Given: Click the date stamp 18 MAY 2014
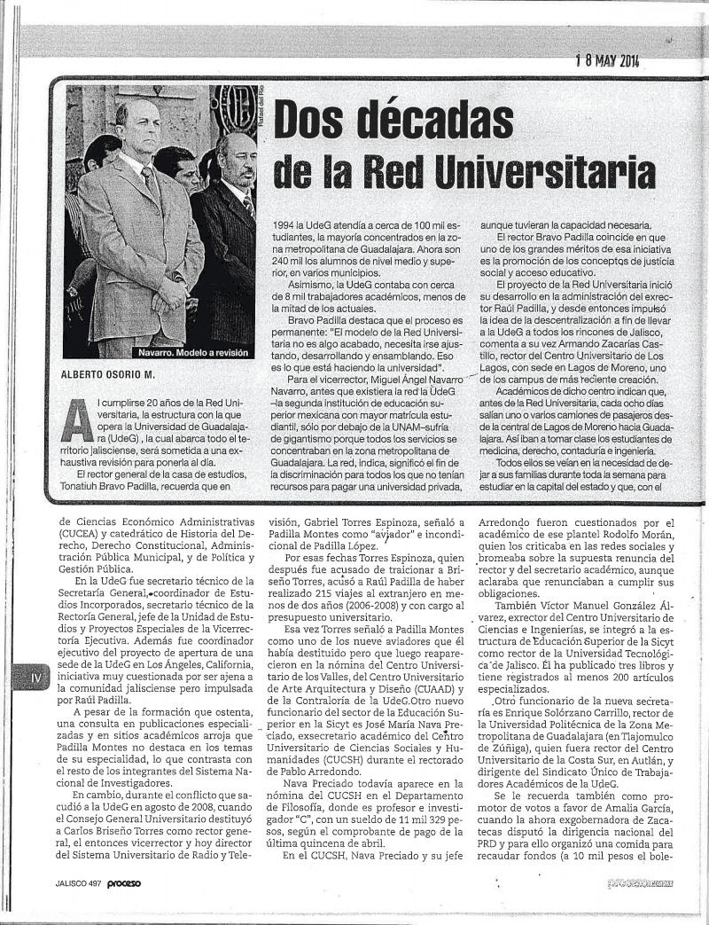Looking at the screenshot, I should click(x=607, y=60).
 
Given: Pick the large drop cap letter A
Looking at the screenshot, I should click(x=77, y=421).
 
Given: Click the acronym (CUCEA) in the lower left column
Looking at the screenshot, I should click(x=82, y=534).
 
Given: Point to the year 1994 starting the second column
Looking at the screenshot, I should click(x=285, y=225).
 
